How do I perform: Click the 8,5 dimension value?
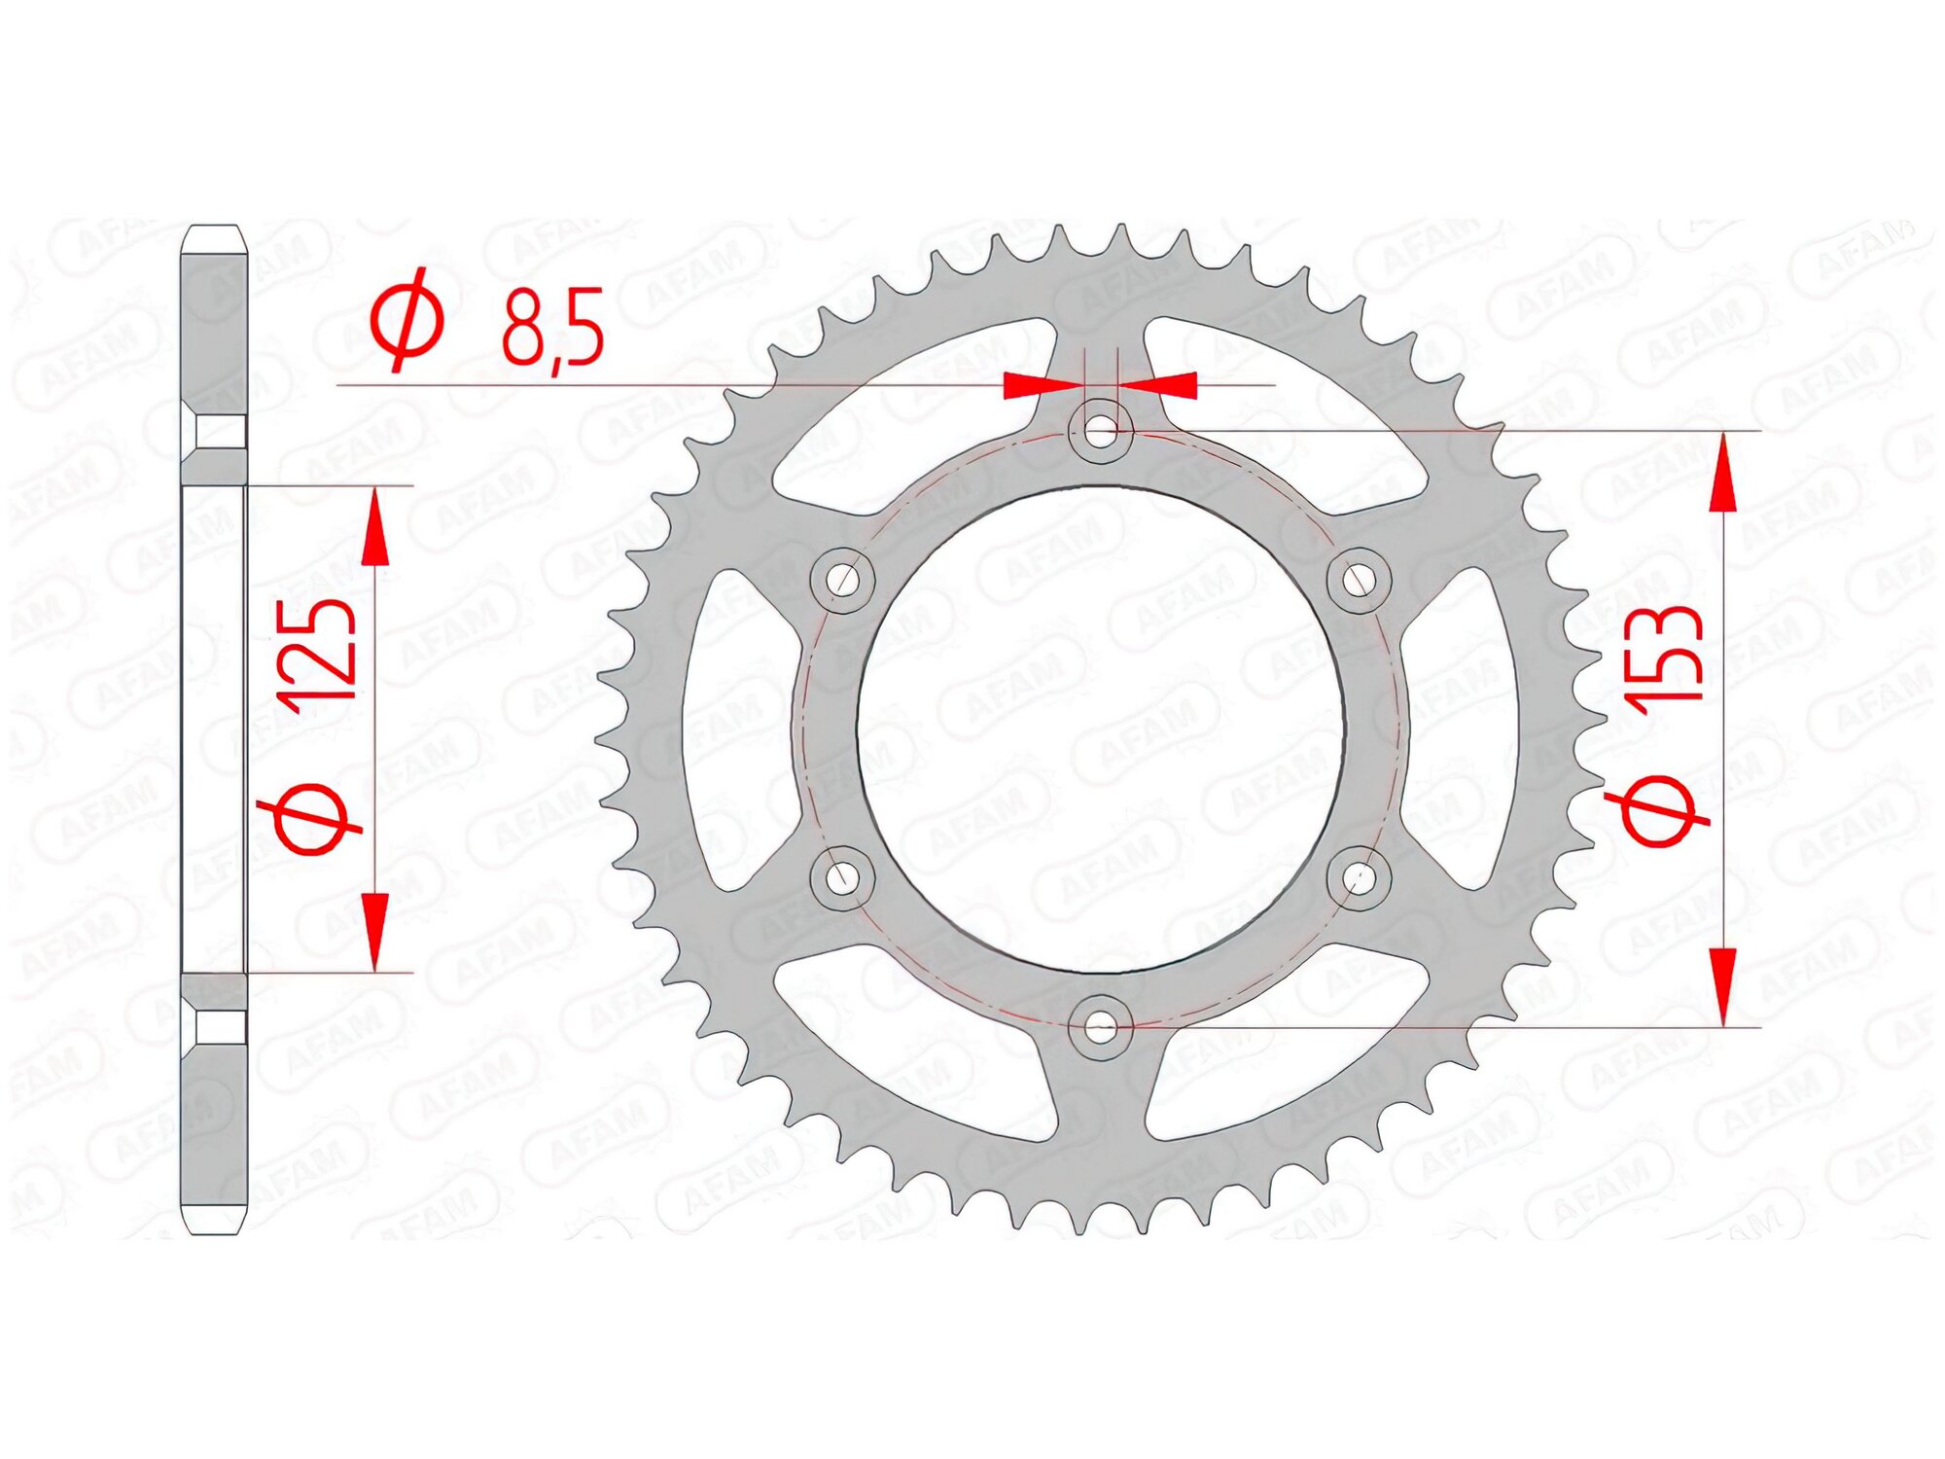pos(552,329)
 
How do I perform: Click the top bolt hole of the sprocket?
pos(1100,431)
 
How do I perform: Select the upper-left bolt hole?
pos(842,581)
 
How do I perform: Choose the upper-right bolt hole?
pos(1359,581)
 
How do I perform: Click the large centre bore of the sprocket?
pos(1100,729)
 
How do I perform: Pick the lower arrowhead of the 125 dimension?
pos(374,929)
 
